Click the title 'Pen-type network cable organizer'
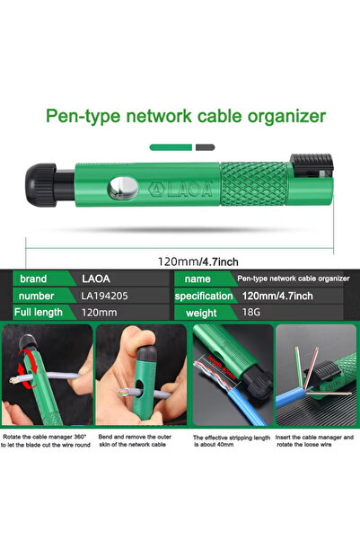point(185,116)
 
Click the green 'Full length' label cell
point(40,313)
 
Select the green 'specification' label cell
point(204,296)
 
